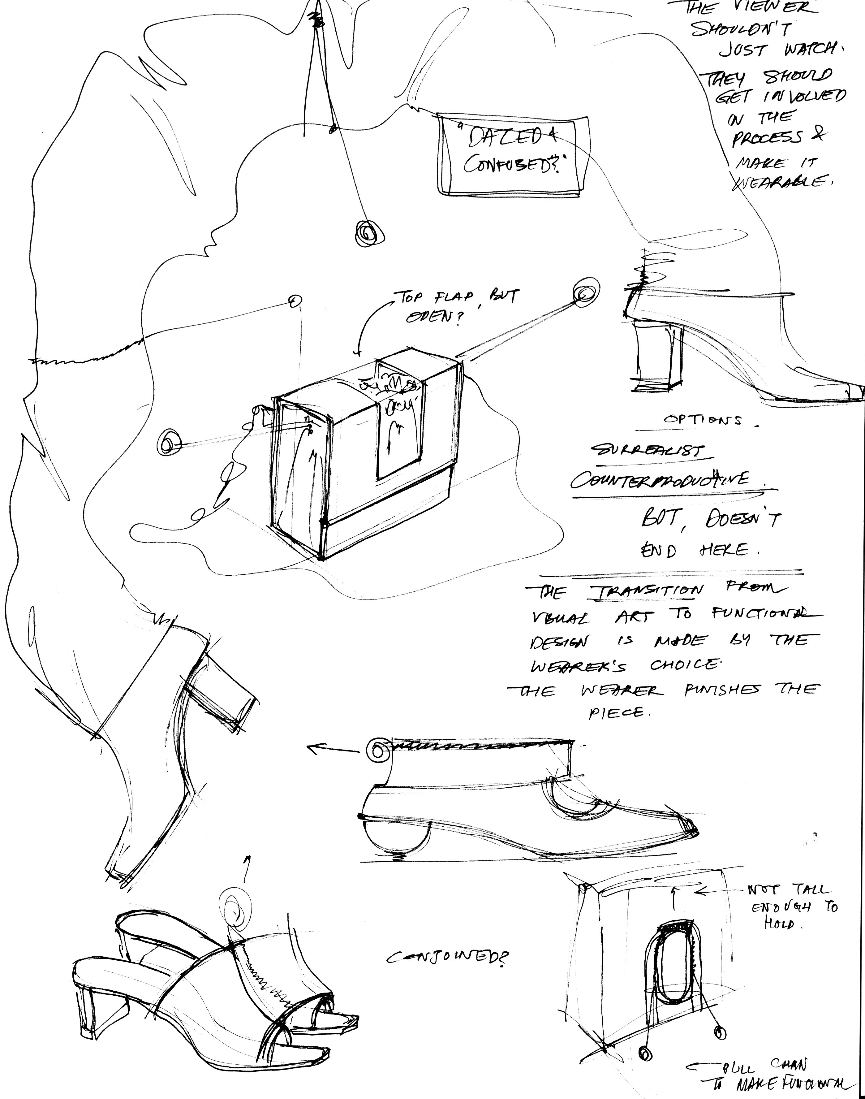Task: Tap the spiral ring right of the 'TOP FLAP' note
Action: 585,293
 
